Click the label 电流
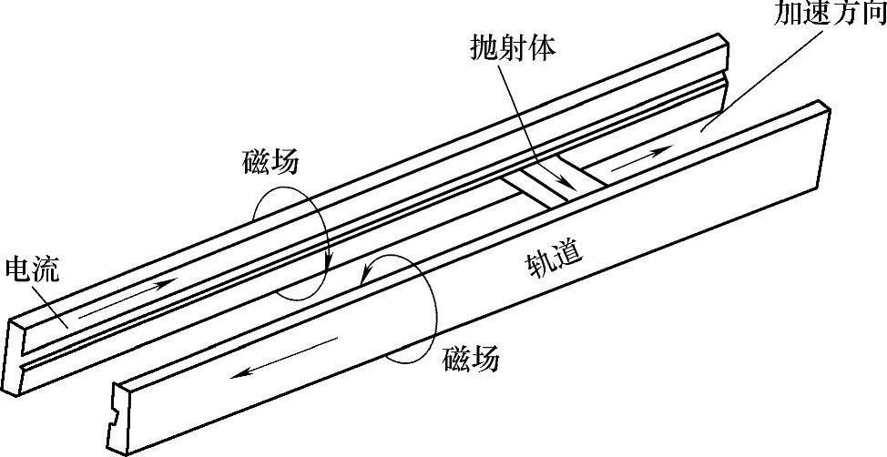click(33, 269)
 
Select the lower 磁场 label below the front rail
click(471, 359)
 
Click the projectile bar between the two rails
click(552, 182)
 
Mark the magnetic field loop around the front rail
click(401, 310)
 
